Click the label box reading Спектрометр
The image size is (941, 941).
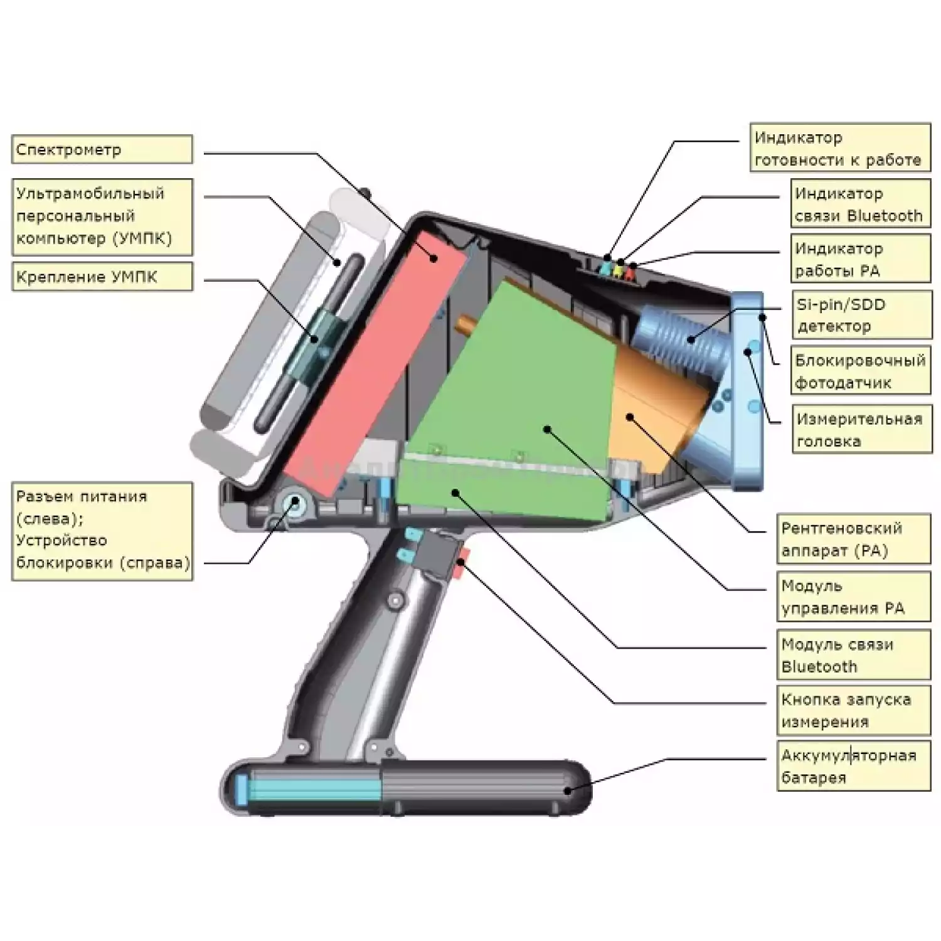click(102, 150)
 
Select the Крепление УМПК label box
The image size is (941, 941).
click(102, 277)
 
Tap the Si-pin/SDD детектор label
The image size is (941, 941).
click(861, 316)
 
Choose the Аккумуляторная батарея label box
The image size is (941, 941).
click(853, 766)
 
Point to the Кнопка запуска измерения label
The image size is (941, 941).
click(853, 710)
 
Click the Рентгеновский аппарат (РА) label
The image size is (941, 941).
click(853, 540)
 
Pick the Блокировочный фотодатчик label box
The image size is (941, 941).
click(861, 371)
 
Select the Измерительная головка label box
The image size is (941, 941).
click(862, 430)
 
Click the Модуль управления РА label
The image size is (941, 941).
click(853, 597)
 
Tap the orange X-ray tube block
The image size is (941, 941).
click(652, 408)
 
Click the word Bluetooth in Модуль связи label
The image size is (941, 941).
click(819, 667)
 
